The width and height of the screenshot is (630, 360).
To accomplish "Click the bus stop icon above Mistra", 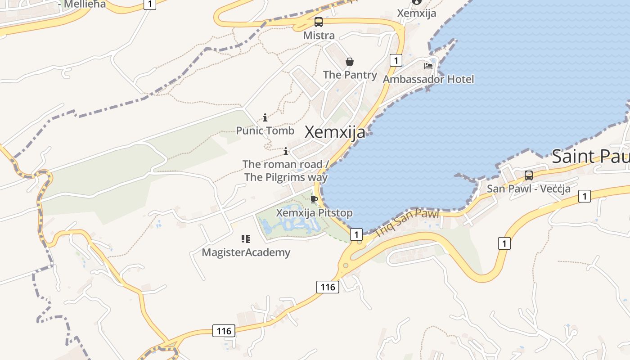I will point(319,22).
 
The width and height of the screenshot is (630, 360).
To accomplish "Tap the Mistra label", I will point(319,36).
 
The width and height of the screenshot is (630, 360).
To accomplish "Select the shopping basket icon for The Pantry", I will point(350,62).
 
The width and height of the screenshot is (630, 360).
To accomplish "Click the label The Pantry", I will point(350,75).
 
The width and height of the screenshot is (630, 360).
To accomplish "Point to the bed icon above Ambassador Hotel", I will point(428,66).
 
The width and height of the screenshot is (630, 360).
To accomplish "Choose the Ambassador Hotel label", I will point(428,79).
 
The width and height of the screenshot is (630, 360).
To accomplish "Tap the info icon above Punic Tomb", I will point(265,118).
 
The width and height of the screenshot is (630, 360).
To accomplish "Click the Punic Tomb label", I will point(265,131).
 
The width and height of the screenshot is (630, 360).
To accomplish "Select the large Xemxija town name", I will point(335,132).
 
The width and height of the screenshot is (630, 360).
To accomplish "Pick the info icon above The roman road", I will point(285,151).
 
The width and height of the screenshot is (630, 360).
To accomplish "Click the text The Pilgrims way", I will point(286,177).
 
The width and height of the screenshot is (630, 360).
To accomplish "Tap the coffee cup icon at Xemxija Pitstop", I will point(314,200).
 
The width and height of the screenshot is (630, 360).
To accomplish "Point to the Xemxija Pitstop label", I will point(314,213).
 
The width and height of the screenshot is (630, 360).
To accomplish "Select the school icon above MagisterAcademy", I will point(246,239).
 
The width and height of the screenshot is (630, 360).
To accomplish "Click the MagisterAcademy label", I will point(246,252).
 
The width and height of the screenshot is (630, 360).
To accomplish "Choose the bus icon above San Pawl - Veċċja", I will point(529,175).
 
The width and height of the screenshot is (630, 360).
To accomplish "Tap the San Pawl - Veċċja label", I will point(529,189).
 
